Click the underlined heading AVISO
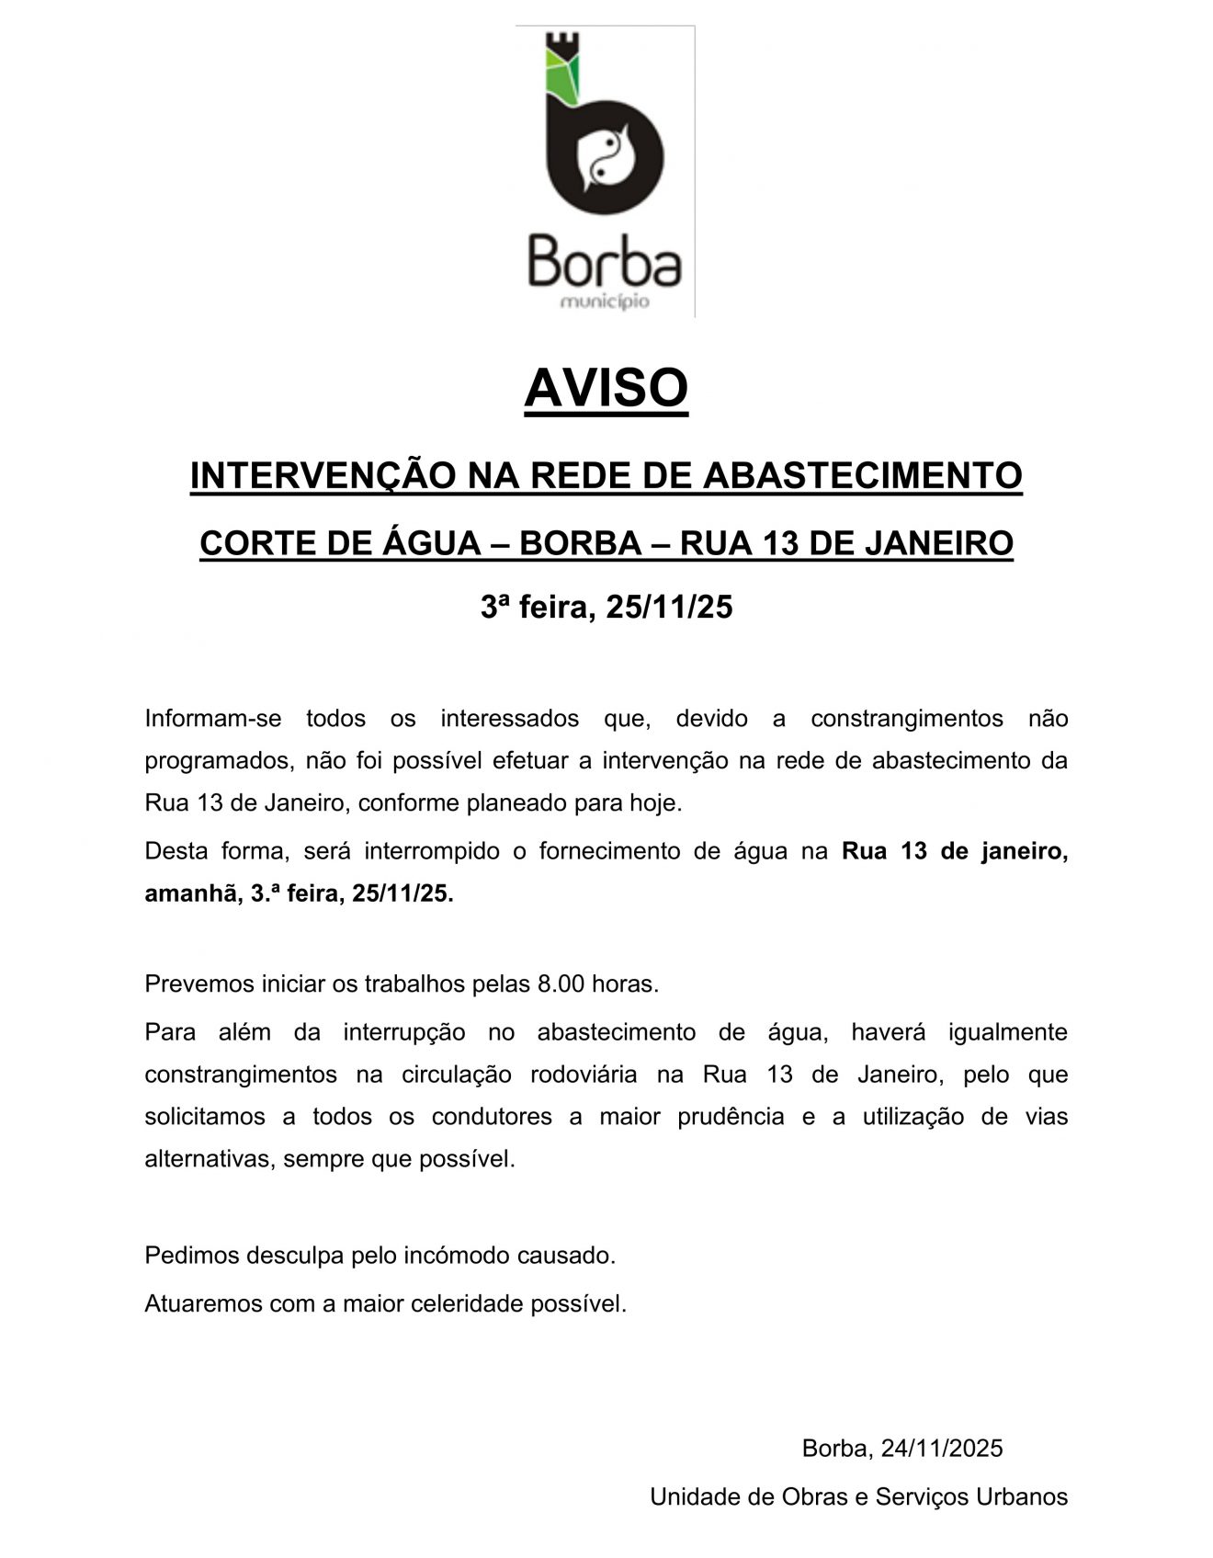click(606, 388)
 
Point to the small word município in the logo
click(605, 301)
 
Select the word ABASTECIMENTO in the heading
click(863, 476)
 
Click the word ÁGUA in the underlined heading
click(431, 543)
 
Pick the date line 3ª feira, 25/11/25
click(606, 608)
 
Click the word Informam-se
click(213, 718)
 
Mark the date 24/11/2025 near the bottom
click(942, 1449)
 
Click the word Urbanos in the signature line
click(1022, 1497)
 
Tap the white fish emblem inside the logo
click(606, 156)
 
